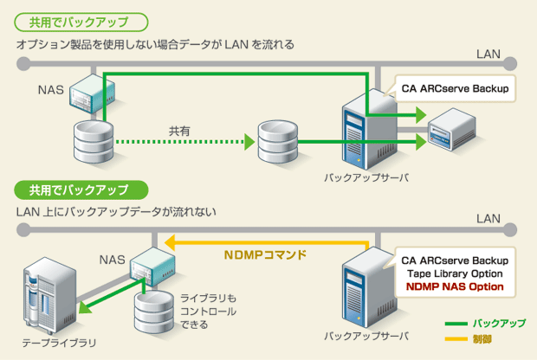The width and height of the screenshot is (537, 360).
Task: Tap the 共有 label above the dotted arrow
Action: [x=178, y=130]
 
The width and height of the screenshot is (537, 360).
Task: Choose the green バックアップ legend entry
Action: [x=497, y=323]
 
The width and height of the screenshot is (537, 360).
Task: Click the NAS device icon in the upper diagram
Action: [x=87, y=92]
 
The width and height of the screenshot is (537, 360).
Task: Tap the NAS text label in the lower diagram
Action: [x=112, y=259]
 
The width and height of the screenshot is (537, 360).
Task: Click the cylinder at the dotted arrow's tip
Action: [x=278, y=140]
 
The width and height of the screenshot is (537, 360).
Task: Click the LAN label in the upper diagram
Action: [x=488, y=55]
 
